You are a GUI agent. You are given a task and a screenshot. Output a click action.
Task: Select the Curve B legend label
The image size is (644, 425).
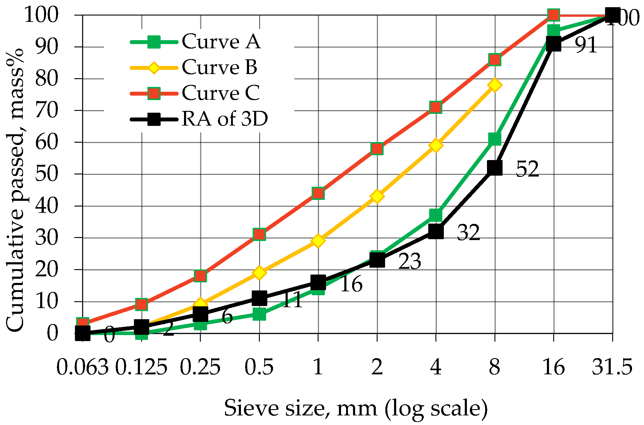coord(219,67)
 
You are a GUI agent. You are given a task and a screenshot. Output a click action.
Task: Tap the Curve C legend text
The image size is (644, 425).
coord(221,93)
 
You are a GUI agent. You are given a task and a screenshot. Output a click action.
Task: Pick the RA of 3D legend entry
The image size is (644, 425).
coord(224,119)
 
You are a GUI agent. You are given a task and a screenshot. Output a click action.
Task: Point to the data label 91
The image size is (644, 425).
coord(586,45)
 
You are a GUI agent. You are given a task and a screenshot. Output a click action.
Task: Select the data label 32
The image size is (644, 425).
coord(468,233)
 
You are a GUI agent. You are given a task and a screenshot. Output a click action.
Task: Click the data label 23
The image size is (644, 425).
coord(409,261)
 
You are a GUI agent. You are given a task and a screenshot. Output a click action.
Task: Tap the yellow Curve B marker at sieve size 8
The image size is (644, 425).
coord(494,85)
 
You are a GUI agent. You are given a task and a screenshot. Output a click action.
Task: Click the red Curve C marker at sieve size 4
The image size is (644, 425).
coord(435,107)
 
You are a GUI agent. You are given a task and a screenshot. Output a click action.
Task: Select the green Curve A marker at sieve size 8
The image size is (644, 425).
coord(494,139)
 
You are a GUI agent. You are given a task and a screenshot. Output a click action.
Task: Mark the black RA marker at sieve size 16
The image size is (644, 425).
coord(553,44)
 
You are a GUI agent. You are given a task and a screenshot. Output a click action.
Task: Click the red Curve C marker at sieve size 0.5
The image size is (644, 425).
coord(259,234)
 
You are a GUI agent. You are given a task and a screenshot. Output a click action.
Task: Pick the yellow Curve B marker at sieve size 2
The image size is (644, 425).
coord(377,196)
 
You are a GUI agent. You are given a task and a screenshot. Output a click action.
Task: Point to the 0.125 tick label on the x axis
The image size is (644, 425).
coord(141,367)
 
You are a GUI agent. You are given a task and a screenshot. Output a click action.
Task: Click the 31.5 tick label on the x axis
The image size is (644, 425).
coord(612,367)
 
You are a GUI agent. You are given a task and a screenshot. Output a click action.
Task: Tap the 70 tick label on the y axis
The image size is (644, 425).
coord(46,111)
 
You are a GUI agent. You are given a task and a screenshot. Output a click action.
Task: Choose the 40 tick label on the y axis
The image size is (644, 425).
coord(46,206)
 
